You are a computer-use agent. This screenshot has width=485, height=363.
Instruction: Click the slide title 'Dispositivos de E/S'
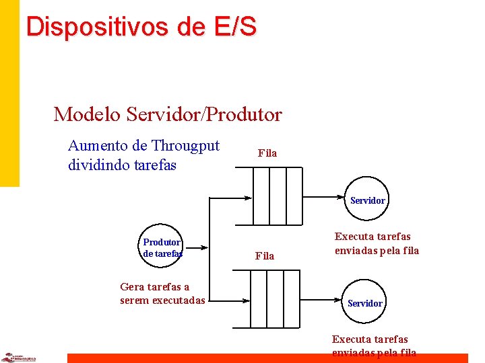tap(141, 26)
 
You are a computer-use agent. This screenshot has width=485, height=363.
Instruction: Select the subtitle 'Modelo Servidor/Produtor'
tap(168, 114)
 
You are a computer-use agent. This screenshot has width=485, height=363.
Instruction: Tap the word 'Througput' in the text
tap(185, 146)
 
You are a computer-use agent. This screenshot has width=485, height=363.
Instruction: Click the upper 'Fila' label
tap(267, 153)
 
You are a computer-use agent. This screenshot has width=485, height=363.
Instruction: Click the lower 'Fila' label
tap(265, 256)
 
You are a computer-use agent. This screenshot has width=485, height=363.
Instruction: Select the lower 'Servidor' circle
tap(364, 303)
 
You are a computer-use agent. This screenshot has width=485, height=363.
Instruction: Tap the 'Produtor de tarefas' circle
tap(162, 247)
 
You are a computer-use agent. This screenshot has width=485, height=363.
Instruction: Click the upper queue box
tap(278, 196)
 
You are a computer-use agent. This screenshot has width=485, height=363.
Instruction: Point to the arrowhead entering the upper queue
tap(248, 198)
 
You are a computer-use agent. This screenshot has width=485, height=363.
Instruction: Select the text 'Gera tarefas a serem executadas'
tap(162, 294)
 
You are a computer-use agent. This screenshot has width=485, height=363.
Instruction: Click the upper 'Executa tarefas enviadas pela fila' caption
tap(377, 243)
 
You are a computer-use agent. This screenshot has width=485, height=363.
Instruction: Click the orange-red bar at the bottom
tap(269, 358)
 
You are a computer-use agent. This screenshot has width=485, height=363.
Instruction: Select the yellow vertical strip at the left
tap(9, 94)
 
